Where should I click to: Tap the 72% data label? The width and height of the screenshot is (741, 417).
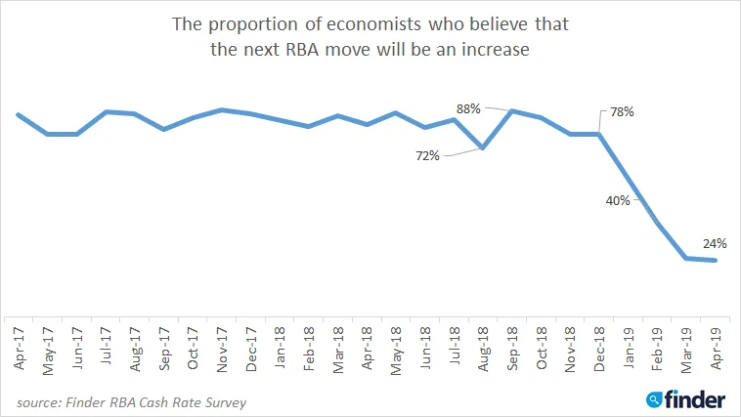pos(427,154)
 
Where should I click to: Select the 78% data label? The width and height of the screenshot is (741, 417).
pos(622,112)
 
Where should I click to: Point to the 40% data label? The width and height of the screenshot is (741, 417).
pos(617,200)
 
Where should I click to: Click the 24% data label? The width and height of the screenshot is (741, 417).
pos(713,244)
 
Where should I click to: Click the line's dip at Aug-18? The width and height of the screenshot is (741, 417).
pos(483,148)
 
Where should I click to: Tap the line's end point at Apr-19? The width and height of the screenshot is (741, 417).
pos(717,260)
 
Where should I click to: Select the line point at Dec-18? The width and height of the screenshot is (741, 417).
pos(599,134)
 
